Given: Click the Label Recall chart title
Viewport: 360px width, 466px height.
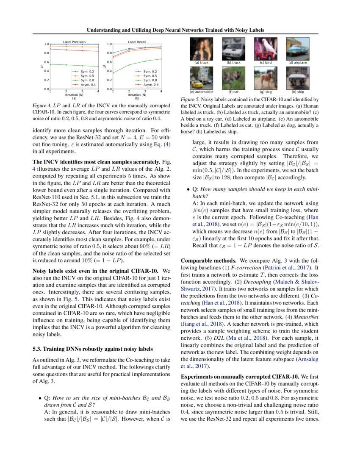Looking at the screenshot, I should click(136, 42).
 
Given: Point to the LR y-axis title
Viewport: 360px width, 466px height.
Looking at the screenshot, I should click(105, 67).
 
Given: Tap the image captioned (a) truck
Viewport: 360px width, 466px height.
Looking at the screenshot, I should click(201, 49).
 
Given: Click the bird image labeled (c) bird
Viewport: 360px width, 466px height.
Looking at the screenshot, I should click(263, 49).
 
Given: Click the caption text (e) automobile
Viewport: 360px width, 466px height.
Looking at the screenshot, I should click(201, 92).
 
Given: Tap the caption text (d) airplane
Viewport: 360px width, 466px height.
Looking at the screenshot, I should click(297, 63).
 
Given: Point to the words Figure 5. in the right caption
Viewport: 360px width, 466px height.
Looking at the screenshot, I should click(191, 99).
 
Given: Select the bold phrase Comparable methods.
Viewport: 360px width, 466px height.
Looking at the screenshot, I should click(206, 261).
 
